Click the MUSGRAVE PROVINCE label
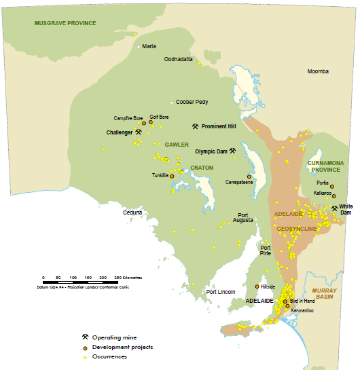(x=65, y=23)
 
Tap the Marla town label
(x=149, y=47)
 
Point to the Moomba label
(x=318, y=71)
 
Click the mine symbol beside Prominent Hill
(x=195, y=126)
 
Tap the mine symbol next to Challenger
(x=138, y=132)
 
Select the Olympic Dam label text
(x=211, y=151)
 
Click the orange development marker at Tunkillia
(x=172, y=176)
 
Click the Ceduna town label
(x=132, y=212)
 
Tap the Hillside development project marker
(x=256, y=286)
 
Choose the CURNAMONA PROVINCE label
(x=326, y=166)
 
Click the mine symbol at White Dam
(x=334, y=208)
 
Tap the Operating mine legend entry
(x=111, y=337)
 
